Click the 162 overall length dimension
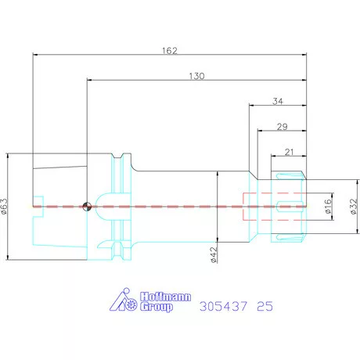pyautogui.click(x=170, y=50)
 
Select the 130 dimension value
pyautogui.click(x=196, y=76)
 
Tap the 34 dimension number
pyautogui.click(x=278, y=101)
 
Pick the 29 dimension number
pyautogui.click(x=283, y=127)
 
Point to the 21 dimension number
pyautogui.click(x=289, y=152)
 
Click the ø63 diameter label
pyautogui.click(x=5, y=207)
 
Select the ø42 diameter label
pyautogui.click(x=214, y=255)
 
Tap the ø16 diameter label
pyautogui.click(x=328, y=206)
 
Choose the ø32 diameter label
pyautogui.click(x=353, y=207)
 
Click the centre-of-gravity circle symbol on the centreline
pyautogui.click(x=87, y=207)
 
